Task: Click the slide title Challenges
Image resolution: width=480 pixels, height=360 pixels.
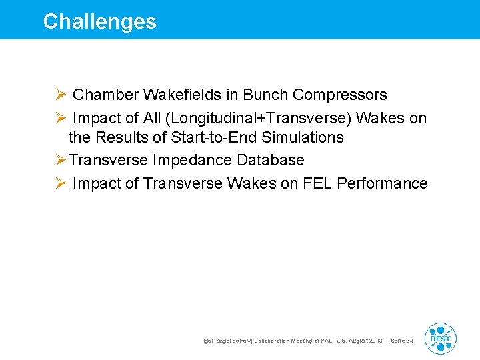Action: pyautogui.click(x=99, y=21)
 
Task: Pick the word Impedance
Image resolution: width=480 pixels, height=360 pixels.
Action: pyautogui.click(x=189, y=161)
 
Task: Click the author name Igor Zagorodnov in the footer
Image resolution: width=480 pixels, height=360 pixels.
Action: pyautogui.click(x=229, y=341)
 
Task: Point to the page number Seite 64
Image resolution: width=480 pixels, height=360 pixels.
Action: pyautogui.click(x=401, y=341)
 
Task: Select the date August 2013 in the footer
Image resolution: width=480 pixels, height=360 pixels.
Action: pyautogui.click(x=363, y=341)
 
